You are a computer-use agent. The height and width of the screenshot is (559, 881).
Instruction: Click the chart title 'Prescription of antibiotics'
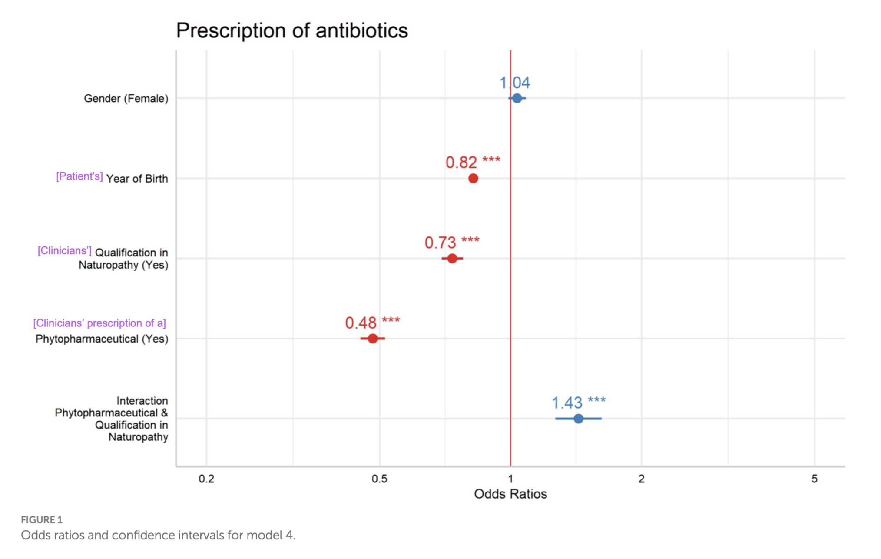(x=291, y=30)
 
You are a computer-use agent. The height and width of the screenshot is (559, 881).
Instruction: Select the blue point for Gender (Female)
(x=517, y=98)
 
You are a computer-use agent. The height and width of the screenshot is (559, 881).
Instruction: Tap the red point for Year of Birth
(x=473, y=178)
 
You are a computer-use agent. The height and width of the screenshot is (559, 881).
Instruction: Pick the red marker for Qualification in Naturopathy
(x=452, y=259)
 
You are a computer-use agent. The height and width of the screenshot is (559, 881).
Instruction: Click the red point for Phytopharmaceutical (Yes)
(x=372, y=339)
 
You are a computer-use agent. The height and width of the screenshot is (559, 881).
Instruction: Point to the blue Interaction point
(x=578, y=419)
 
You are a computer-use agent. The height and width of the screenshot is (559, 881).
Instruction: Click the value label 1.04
(x=514, y=83)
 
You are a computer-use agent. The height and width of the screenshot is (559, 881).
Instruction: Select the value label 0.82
(x=461, y=163)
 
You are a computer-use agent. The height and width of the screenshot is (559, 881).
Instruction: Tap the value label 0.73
(x=440, y=243)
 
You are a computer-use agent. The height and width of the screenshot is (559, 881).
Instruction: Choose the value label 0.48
(x=361, y=323)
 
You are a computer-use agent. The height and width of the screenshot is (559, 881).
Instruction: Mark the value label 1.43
(x=567, y=403)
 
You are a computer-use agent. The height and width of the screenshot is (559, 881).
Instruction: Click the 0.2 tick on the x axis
(x=206, y=479)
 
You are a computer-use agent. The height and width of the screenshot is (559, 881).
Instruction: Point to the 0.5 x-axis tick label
(x=379, y=479)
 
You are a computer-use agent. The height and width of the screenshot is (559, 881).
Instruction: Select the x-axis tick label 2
(x=641, y=479)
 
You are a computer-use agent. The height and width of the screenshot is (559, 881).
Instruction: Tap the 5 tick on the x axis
(x=814, y=479)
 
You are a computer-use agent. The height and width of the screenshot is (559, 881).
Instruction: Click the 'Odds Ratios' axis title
(x=510, y=494)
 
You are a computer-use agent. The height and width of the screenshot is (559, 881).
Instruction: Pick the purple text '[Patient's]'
(x=79, y=176)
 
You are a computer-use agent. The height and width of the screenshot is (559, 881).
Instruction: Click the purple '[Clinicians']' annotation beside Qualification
(x=64, y=251)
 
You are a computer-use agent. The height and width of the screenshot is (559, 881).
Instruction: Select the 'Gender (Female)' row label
(x=126, y=99)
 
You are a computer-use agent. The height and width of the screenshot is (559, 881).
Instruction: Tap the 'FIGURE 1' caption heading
(x=42, y=520)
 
